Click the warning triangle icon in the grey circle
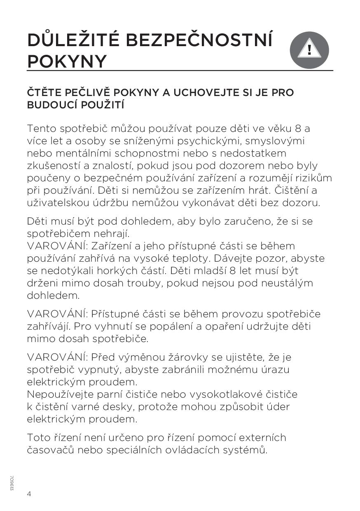point(309,50)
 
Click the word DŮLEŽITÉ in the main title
point(73,40)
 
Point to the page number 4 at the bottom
point(29,494)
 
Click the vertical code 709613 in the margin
point(12,482)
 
